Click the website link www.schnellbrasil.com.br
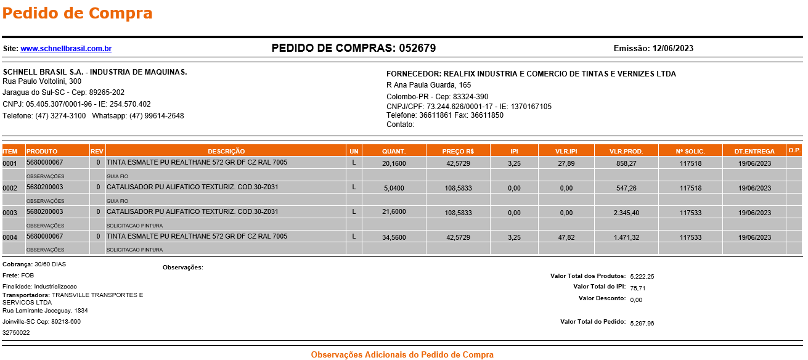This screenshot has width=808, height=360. coord(66,49)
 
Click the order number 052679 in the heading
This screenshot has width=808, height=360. coord(417,48)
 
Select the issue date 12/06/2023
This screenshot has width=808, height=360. coord(673,49)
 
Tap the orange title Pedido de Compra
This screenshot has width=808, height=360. coord(78,13)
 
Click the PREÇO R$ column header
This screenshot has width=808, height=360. coord(458,151)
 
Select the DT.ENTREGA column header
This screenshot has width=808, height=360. coord(754,151)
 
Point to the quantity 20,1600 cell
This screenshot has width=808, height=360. coord(394,163)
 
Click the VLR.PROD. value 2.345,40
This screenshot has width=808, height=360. coord(626,213)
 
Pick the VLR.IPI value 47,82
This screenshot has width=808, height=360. coord(566,237)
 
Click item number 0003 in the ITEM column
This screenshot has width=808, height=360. coord(10,213)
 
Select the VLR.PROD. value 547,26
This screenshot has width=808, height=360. coord(626,188)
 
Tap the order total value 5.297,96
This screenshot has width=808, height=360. coord(642,323)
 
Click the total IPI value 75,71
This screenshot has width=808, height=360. coord(638,288)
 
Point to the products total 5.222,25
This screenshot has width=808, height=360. coord(642,277)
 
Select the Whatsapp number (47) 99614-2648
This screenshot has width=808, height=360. coord(157,116)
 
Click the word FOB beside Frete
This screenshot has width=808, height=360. coord(28,275)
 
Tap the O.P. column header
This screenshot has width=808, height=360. coord(794,150)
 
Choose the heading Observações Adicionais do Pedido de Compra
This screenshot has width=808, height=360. coord(402,354)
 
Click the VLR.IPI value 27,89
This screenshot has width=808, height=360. coord(566,163)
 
